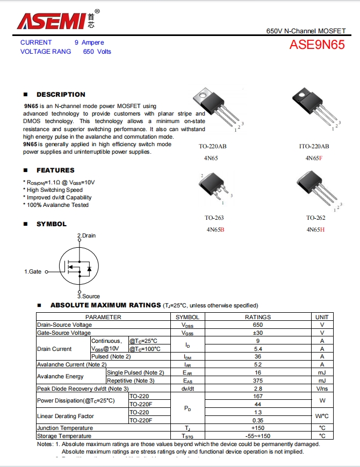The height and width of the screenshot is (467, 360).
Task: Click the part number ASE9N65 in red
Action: pos(317,45)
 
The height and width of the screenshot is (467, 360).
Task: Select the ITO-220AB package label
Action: pos(314,146)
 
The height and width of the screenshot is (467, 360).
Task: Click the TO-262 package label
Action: pos(315,218)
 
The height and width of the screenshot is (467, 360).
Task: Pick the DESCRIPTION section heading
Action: pos(61,95)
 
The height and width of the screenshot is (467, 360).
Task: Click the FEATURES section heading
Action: pos(55,170)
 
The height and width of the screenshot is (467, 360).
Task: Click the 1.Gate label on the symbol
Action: pos(33,272)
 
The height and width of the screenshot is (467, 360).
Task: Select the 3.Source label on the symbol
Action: pos(88,296)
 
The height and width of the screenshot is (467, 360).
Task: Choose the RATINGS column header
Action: pos(257,317)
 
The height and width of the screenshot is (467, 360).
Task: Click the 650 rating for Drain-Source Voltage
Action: pos(257,325)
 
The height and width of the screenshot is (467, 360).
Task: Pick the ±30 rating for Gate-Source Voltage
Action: pos(257,333)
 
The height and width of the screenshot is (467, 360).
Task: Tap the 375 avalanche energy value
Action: pos(257,380)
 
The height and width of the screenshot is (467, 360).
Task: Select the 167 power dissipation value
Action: pos(257,396)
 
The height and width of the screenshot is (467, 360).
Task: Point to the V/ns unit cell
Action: pos(322,388)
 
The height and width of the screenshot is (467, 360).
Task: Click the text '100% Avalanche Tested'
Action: pos(57,205)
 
